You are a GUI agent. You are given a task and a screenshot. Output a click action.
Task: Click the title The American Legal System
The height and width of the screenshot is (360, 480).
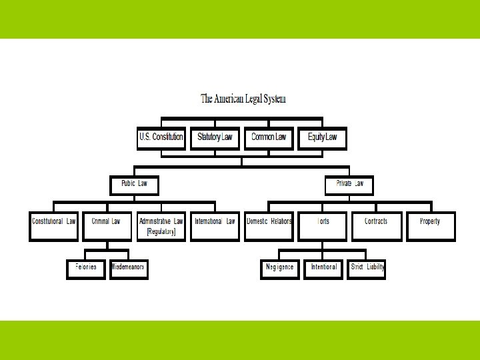243,99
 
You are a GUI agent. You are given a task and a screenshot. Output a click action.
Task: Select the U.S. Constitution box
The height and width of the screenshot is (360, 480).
161,138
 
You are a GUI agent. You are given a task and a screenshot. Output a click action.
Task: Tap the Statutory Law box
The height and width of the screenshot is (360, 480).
215,138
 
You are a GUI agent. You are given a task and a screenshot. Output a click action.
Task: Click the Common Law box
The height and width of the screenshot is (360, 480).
268,138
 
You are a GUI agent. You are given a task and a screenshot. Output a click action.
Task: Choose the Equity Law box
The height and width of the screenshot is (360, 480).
322,138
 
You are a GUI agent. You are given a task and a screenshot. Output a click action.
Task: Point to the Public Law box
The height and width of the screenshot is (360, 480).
134,185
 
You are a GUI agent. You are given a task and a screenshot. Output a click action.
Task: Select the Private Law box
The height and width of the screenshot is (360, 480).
349,185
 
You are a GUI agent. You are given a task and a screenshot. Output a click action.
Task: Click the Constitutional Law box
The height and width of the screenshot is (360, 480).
54,225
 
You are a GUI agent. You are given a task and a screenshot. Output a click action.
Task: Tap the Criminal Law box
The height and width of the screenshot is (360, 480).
107,225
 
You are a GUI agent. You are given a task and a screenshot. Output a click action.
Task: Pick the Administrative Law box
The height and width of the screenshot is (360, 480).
161,225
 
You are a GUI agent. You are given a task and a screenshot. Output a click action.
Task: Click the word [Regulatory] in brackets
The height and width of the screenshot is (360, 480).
161,232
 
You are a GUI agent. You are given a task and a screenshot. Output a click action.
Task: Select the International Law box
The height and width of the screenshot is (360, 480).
215,225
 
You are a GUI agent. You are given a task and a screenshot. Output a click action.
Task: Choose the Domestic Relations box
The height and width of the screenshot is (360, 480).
269,225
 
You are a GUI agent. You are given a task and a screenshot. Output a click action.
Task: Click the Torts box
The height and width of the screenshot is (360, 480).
323,225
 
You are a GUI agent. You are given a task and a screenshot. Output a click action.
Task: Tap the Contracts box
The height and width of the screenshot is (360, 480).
376,225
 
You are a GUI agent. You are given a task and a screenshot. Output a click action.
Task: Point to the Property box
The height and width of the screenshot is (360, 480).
430,225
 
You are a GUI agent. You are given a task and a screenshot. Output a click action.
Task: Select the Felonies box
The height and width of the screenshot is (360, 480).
85,269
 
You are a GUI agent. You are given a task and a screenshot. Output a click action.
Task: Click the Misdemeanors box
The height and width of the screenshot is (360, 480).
127,269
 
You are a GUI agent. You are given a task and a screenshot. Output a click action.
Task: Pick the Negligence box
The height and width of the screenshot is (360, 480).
280,269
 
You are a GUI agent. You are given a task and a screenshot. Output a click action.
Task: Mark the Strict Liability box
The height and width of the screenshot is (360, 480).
367,269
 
